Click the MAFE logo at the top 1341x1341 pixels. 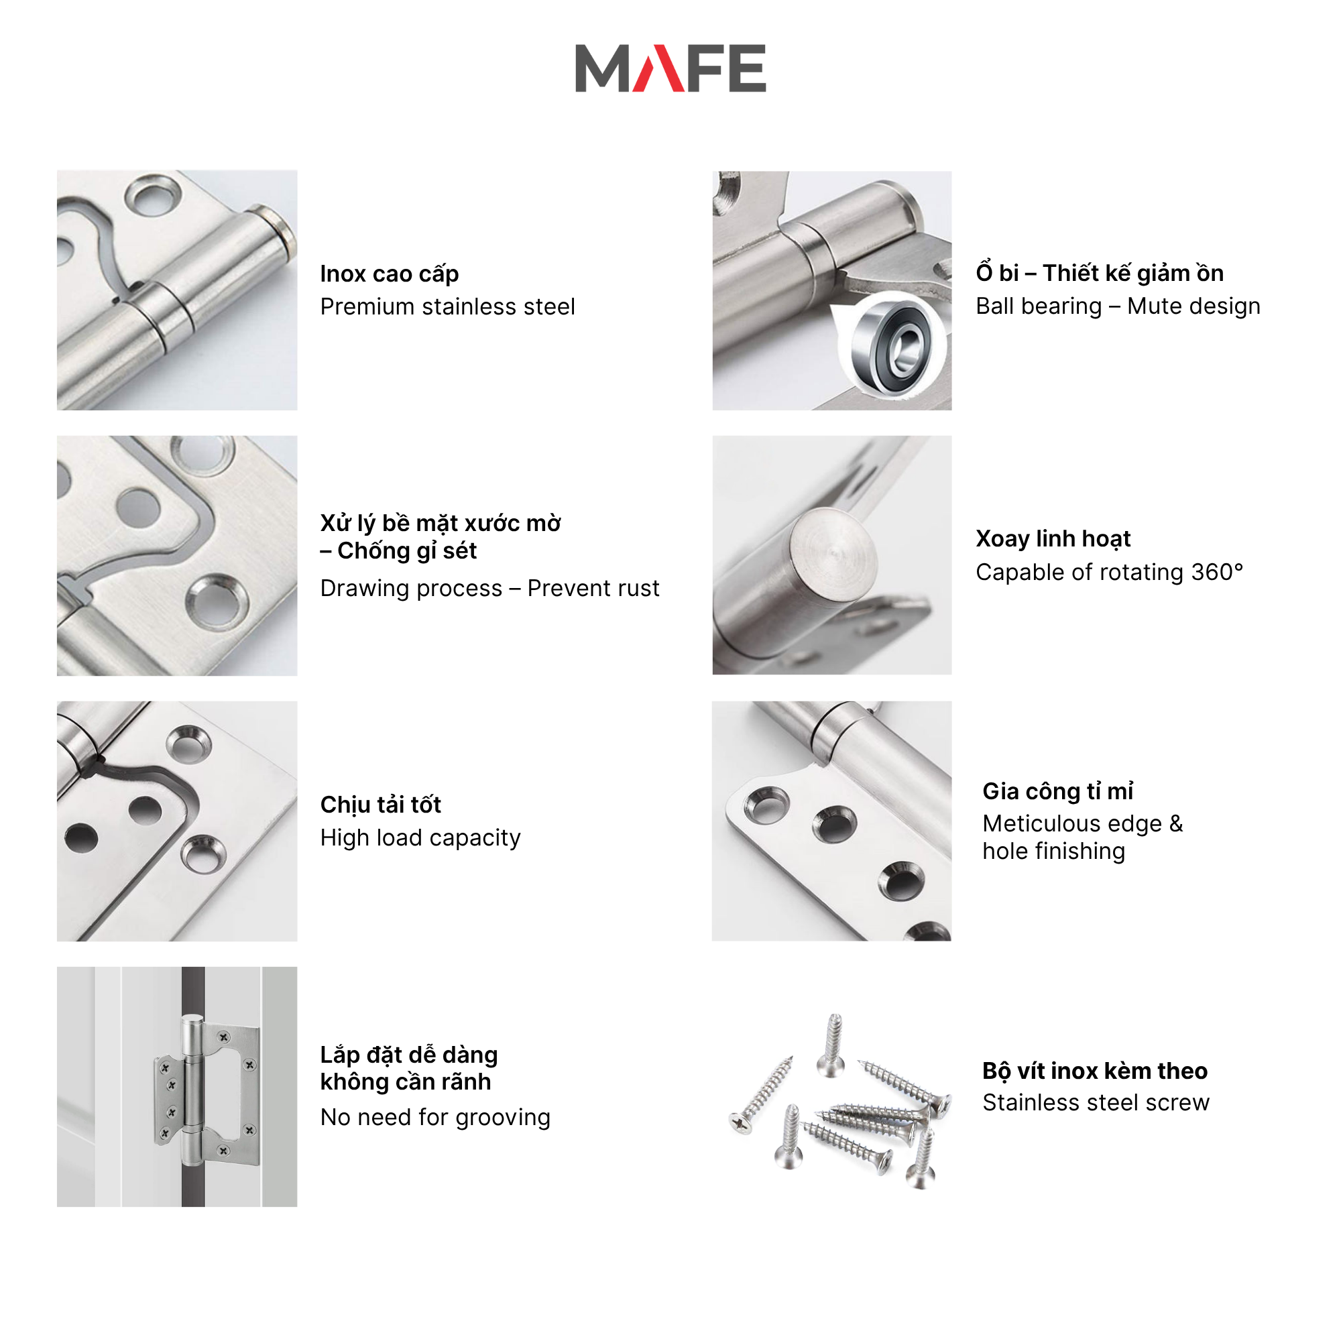tap(670, 68)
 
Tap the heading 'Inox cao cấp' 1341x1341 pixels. tap(390, 274)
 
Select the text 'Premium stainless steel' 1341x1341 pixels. tap(448, 307)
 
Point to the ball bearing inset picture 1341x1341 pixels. tap(891, 343)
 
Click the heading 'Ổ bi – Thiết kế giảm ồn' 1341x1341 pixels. tap(1100, 272)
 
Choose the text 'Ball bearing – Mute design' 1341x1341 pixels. tap(1118, 306)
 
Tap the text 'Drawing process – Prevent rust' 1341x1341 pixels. tap(489, 589)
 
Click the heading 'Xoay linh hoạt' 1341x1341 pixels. tap(1053, 538)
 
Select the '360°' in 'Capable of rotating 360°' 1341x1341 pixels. tap(1217, 572)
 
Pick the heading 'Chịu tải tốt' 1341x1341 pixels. tap(380, 805)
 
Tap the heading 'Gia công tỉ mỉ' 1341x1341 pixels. tap(1058, 791)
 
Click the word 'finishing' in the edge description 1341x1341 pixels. tap(1088, 852)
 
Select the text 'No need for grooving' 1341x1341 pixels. tap(435, 1118)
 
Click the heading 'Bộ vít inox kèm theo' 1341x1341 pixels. tap(1095, 1071)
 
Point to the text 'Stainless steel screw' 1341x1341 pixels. tap(1096, 1103)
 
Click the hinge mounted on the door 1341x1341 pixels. tap(207, 1090)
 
